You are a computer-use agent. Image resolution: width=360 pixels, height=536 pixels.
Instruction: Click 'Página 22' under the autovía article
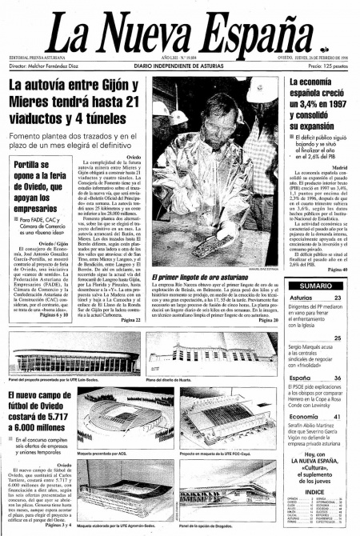[x=130, y=320]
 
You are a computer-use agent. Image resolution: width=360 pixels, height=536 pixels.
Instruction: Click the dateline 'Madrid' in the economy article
[x=340, y=164]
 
